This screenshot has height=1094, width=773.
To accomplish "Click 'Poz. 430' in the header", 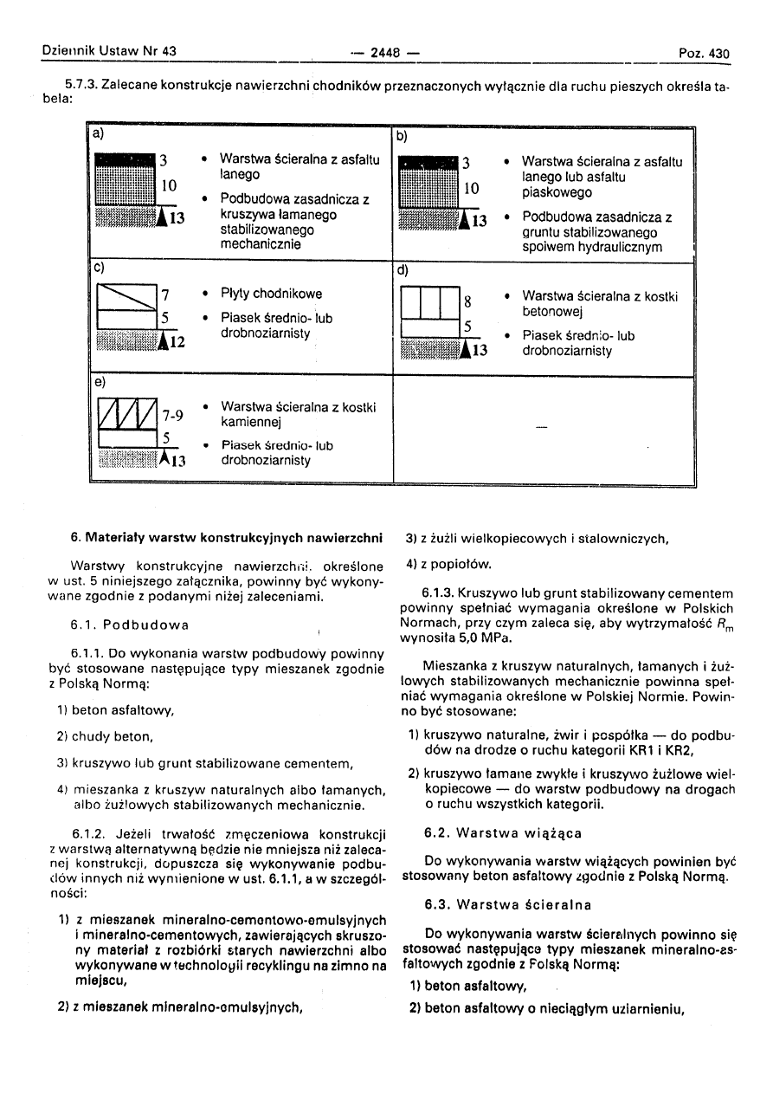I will click(705, 54).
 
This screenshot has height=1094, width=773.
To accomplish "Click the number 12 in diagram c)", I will click(177, 342).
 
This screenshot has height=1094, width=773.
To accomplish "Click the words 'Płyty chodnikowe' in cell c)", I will click(271, 294).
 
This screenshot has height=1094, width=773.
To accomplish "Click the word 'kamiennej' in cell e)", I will click(250, 422).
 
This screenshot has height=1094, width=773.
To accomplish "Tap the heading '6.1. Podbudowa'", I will click(129, 625).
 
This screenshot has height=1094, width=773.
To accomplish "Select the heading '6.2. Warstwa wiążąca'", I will click(503, 833).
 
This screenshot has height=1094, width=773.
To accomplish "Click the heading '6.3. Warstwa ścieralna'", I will click(508, 905).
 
